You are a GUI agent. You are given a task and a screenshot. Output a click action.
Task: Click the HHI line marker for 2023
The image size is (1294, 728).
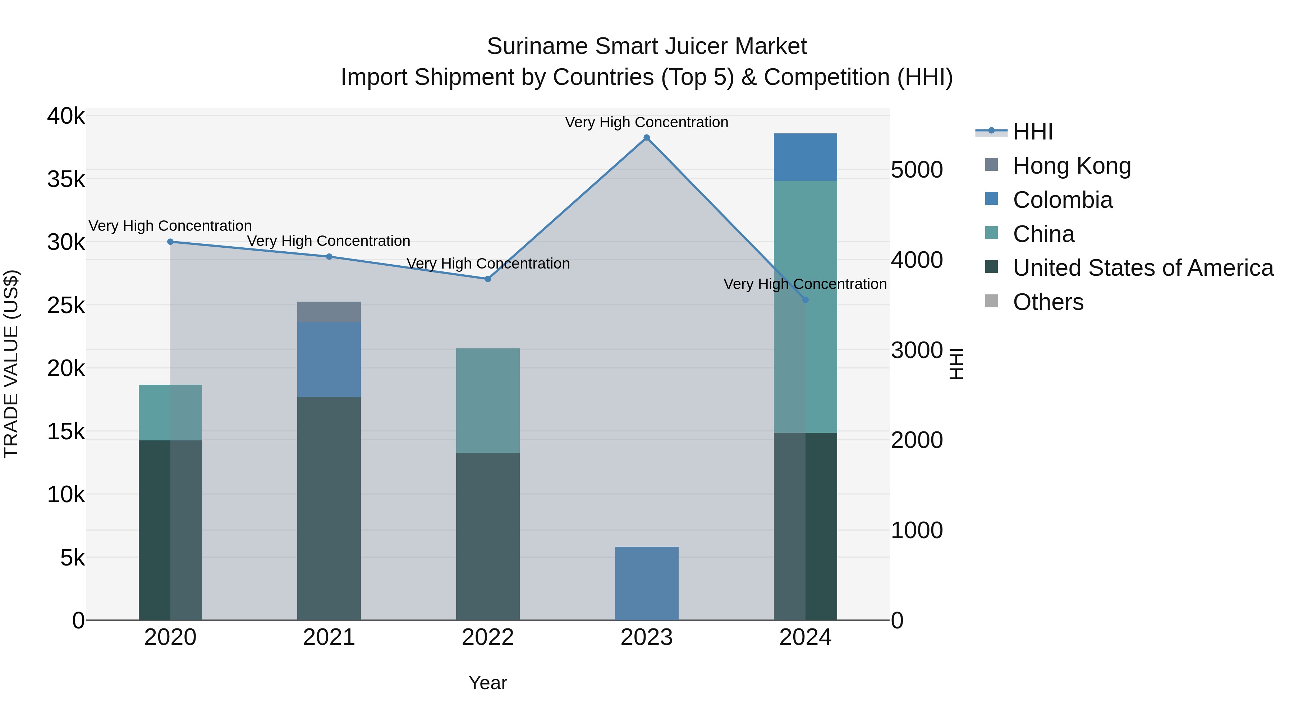[647, 138]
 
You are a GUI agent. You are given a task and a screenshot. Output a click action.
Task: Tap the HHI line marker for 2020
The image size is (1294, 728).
[170, 242]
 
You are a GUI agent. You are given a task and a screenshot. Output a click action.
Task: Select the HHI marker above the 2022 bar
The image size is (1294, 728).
[488, 279]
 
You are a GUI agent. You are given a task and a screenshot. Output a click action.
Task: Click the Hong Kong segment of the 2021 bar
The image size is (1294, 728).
[329, 312]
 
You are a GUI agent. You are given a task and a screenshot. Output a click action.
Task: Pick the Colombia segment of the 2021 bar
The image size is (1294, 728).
[329, 360]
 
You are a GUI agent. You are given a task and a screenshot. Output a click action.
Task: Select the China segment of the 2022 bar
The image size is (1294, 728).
[488, 401]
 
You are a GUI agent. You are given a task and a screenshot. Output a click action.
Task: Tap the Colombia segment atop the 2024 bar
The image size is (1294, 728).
[805, 157]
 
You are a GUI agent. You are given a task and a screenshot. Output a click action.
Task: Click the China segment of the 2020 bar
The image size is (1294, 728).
[170, 412]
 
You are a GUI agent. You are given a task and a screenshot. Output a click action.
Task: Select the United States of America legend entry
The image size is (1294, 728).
[1143, 268]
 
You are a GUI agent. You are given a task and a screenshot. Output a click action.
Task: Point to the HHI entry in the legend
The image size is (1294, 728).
[1032, 132]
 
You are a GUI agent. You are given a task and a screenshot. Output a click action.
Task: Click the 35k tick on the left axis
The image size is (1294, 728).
[66, 179]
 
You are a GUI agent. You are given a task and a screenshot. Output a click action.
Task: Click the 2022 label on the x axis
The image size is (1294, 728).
[488, 637]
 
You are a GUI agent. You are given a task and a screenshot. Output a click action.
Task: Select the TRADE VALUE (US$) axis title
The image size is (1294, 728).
[11, 364]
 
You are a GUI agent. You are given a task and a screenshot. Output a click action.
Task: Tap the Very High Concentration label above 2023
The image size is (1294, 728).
[647, 122]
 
